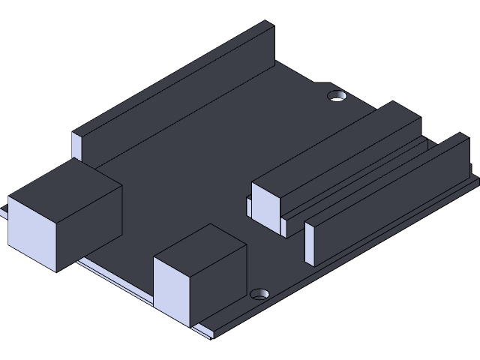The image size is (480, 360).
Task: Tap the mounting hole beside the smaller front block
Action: (260, 293)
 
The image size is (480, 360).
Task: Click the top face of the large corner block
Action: (65, 181)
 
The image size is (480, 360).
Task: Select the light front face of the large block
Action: (31, 235)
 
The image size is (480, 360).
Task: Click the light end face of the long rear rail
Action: (76, 147)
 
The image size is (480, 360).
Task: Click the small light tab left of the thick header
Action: (248, 207)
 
